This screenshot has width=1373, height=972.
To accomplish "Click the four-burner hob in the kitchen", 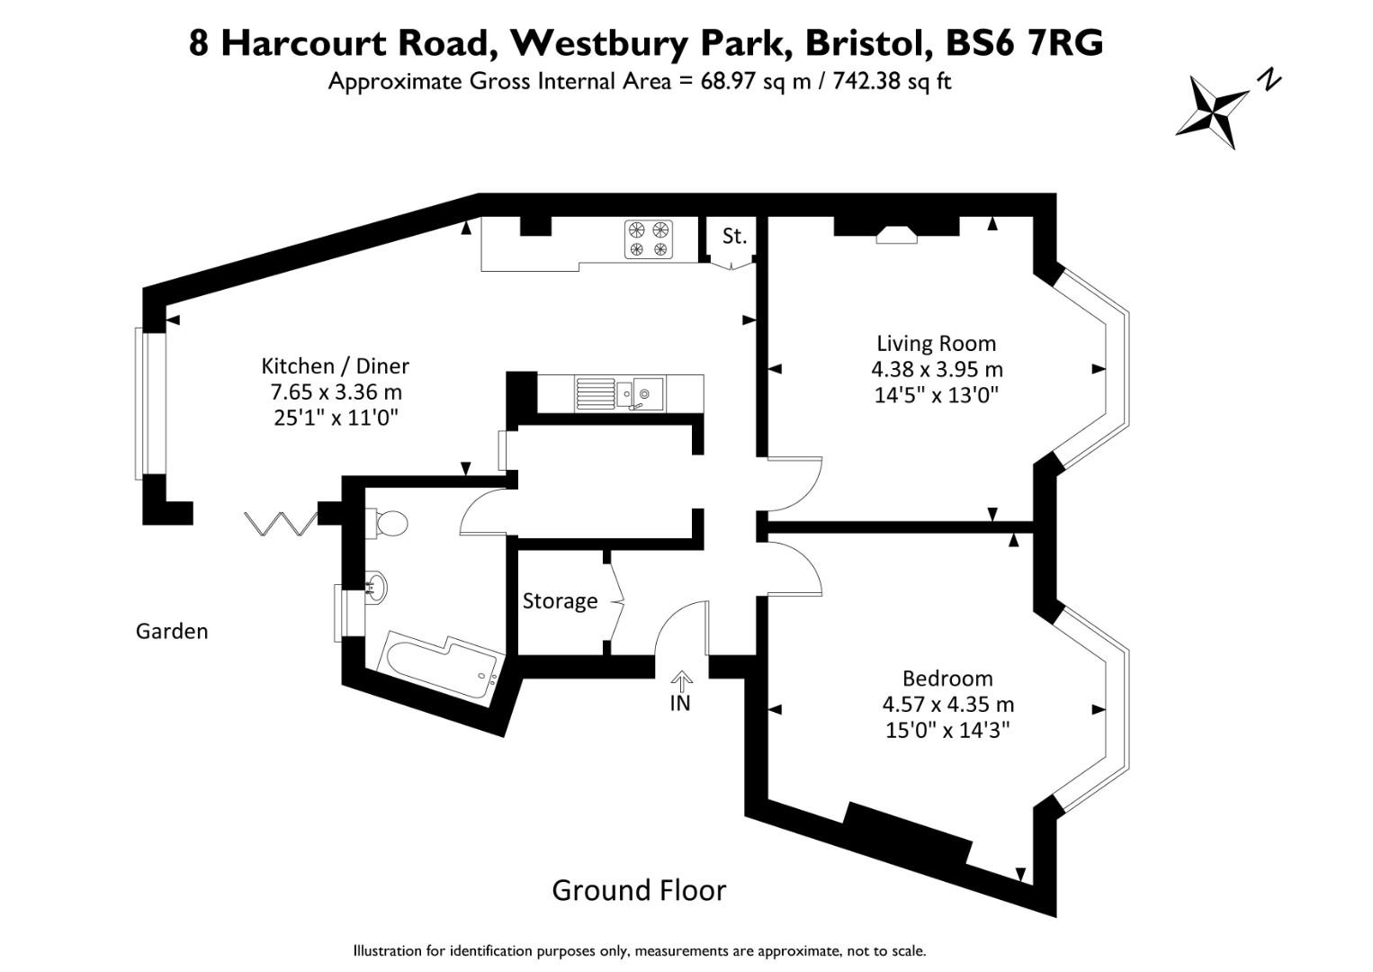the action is point(649,238).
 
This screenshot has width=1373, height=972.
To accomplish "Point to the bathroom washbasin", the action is point(375,586).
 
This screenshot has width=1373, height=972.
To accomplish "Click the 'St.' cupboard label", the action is point(734,236).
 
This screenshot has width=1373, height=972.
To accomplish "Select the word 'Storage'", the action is point(560,601).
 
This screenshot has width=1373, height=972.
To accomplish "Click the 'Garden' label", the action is point(172,631).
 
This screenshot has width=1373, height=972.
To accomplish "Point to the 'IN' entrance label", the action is point(680,704).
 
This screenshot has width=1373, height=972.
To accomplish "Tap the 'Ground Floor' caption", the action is point(639,890).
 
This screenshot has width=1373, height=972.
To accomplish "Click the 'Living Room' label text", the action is point(936,344).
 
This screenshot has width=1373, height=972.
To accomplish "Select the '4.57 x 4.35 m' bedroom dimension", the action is point(947,704).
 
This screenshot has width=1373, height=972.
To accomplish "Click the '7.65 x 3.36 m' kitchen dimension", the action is point(336,391).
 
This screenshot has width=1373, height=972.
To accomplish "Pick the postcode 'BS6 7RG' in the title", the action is point(1024,43).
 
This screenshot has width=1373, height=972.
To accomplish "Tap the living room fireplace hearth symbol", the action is point(897,235).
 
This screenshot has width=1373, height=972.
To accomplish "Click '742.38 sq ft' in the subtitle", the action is point(892,82).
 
